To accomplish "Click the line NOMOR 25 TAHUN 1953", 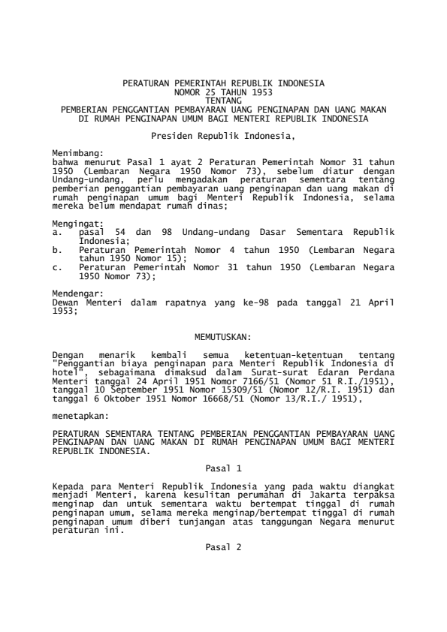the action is click(x=223, y=91).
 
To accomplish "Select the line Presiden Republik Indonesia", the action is click(x=223, y=137).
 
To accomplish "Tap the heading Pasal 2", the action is click(x=223, y=547).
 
